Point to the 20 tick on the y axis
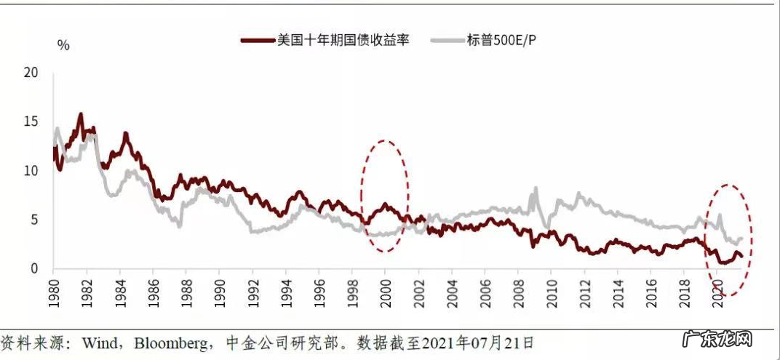tap(30, 73)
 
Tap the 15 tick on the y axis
tap(30, 122)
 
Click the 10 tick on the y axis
tap(30, 171)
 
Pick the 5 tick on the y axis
tap(33, 220)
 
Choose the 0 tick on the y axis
tap(33, 269)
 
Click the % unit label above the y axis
tap(63, 45)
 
